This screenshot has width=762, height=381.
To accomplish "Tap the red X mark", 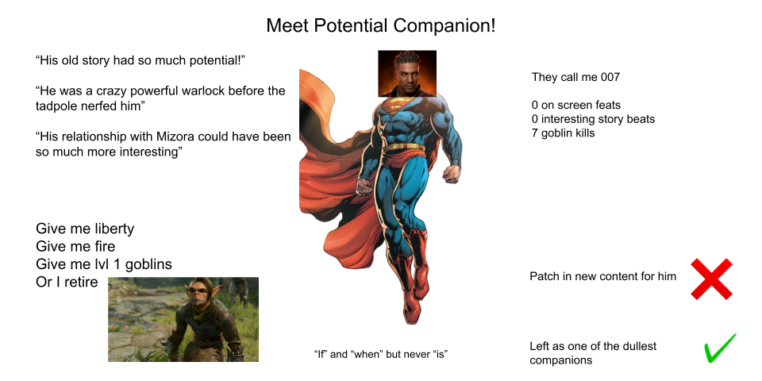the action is coord(711,279).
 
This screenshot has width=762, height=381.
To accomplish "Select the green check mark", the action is coord(720,348).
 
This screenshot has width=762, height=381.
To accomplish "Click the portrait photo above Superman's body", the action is coord(407,73).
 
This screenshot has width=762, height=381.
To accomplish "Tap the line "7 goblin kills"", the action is coord(564,133).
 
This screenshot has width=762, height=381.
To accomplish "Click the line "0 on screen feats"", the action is coord(576,105).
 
